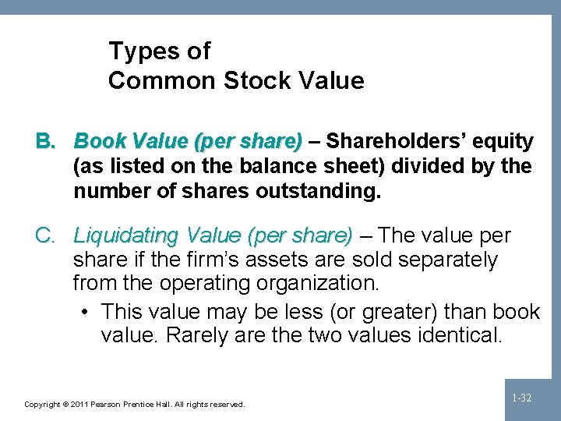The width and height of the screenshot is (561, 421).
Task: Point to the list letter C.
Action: [x=45, y=235]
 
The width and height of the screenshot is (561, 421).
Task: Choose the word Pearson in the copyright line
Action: [x=111, y=405]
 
